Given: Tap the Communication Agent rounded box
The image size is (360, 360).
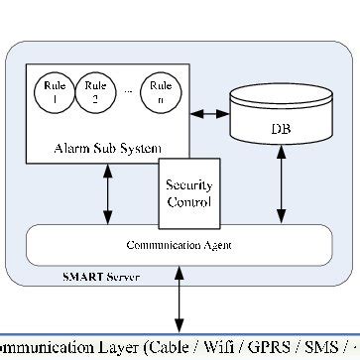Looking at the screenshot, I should point(179,244).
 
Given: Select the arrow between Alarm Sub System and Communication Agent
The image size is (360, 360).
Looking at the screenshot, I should point(106,194).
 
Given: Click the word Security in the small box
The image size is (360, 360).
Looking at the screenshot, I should point(189,185).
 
